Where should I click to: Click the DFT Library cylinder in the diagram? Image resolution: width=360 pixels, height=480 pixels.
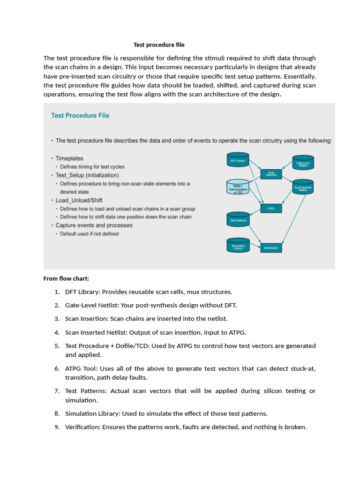tap(238, 161)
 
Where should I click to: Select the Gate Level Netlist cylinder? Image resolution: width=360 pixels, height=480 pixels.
tap(303, 163)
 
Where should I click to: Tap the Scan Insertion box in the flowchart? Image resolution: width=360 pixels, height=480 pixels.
tap(271, 173)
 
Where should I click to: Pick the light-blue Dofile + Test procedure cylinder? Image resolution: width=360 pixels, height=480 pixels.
tap(238, 188)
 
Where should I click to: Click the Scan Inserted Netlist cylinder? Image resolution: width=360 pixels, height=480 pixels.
tap(303, 188)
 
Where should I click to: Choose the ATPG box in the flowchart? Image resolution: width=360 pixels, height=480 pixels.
tap(271, 208)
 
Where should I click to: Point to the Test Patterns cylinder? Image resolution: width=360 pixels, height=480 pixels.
tap(238, 219)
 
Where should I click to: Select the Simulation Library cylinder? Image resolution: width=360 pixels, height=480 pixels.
tap(238, 246)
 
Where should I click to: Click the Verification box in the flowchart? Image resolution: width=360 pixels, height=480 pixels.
tap(271, 247)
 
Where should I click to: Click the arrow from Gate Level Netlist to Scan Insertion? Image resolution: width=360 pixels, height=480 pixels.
tap(287, 168)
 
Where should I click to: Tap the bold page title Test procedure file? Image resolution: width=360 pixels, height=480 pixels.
tap(159, 45)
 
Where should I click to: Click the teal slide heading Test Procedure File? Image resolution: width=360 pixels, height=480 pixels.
tap(80, 115)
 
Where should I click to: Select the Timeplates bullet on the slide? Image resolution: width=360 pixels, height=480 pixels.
tap(69, 158)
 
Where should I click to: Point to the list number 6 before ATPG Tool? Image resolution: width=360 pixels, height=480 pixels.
tap(57, 369)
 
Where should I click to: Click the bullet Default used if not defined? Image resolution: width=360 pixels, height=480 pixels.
tap(89, 233)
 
